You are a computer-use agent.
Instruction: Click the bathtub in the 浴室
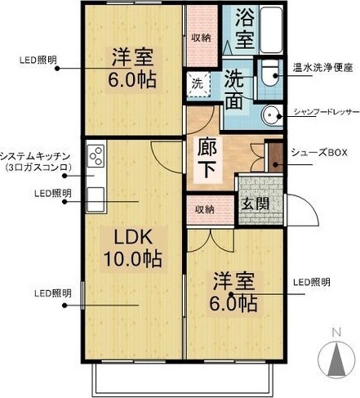tap(271, 29)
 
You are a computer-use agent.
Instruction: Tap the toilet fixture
tap(269, 73)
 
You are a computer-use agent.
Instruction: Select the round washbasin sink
tap(272, 116)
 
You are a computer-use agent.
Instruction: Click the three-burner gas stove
tap(96, 156)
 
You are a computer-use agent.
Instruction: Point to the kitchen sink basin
tap(96, 199)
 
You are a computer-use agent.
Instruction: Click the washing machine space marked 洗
tap(198, 84)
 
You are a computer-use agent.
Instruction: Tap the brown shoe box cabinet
tap(276, 157)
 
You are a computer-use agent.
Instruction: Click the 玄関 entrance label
tap(256, 203)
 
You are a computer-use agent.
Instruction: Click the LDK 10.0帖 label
tap(133, 248)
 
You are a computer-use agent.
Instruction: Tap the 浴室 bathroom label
tap(245, 29)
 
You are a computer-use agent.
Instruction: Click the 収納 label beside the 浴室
tap(201, 38)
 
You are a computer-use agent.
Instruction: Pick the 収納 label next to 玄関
tap(204, 209)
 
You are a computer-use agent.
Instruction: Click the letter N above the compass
tap(336, 333)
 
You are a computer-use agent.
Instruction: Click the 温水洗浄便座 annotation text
tap(322, 68)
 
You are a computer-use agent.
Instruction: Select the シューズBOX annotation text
tap(319, 153)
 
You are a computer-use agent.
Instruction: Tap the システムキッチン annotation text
tap(35, 156)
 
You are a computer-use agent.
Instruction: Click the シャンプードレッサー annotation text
tap(327, 112)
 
